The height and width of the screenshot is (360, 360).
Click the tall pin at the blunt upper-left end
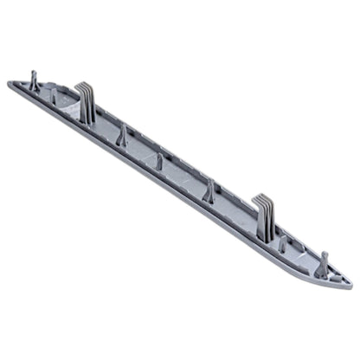point(33,83)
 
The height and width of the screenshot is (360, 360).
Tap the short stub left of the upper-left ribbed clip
point(54,98)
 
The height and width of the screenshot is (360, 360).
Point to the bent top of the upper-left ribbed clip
point(84,87)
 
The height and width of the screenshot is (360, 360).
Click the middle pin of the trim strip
point(160,160)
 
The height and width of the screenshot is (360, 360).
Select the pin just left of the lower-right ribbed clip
point(208,192)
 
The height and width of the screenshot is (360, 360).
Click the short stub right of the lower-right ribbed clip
point(282,245)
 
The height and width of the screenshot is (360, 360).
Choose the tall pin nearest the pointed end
point(321,265)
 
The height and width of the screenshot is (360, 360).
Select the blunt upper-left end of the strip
point(12,85)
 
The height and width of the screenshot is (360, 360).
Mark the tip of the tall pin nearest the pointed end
point(324,254)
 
